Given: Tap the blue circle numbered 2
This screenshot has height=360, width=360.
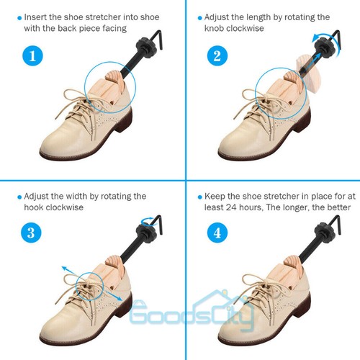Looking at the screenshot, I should pos(214,55).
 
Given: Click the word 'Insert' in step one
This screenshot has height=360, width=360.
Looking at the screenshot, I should pos(36,16).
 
